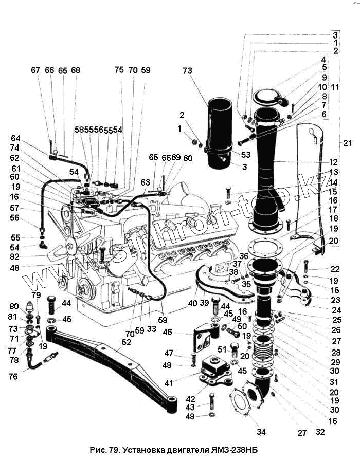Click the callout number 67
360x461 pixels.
pyautogui.click(x=35, y=70)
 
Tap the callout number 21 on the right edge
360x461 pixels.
pyautogui.click(x=348, y=142)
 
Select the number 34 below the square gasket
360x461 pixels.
pyautogui.click(x=261, y=432)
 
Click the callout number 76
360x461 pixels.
pyautogui.click(x=13, y=376)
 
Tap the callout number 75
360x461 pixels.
pyautogui.click(x=119, y=70)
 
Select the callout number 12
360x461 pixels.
pyautogui.click(x=335, y=162)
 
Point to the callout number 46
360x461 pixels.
pyautogui.click(x=181, y=333)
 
